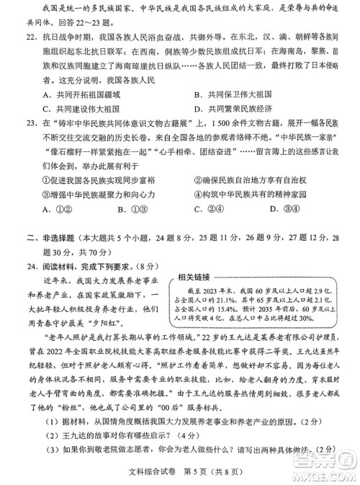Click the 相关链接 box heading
[x=192, y=278]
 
